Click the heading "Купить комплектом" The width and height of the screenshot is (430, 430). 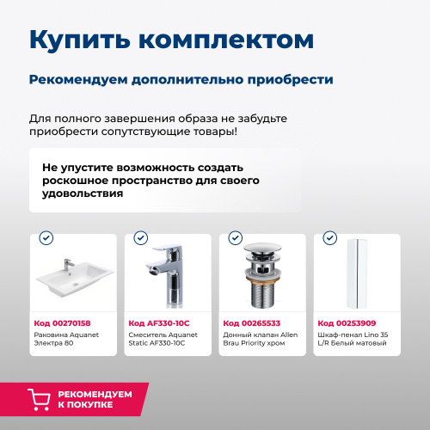[x=170, y=40]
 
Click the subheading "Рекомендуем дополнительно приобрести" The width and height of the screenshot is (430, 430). [x=181, y=79]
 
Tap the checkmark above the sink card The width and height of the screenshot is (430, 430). [x=46, y=238]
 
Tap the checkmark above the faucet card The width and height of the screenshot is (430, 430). [x=140, y=238]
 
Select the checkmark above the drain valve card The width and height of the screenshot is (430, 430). [x=235, y=238]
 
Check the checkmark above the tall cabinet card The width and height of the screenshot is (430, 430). [x=329, y=238]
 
